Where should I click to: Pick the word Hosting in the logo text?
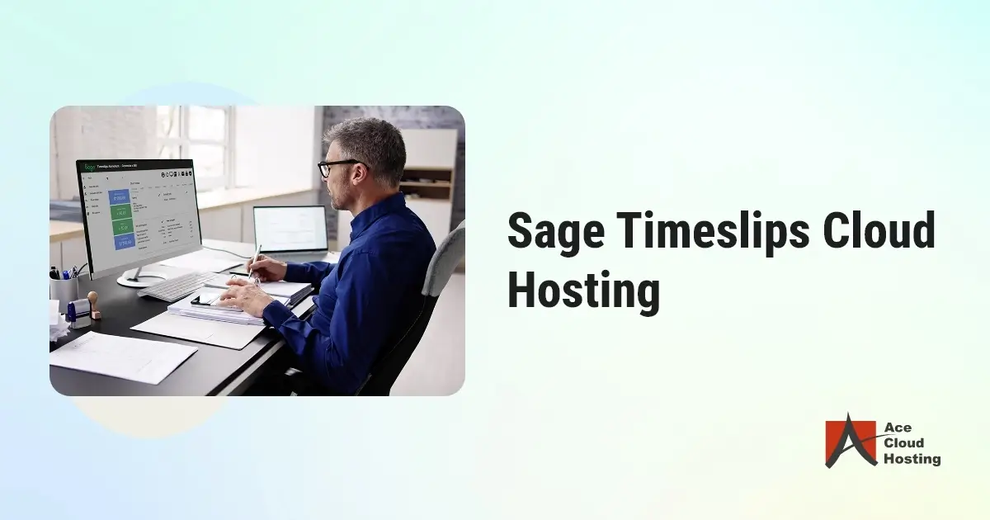[912, 459]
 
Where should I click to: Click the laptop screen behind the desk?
[290, 229]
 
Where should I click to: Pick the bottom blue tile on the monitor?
[124, 242]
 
